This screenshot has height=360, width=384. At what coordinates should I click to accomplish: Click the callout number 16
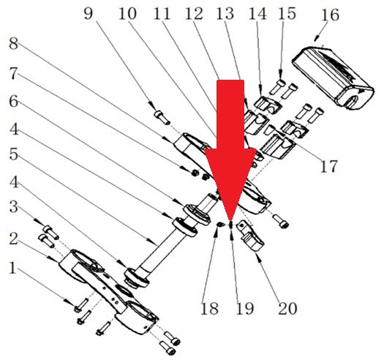click(330, 15)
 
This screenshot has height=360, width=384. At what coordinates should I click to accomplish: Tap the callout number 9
click(89, 13)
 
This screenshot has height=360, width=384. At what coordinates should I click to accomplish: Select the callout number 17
click(329, 166)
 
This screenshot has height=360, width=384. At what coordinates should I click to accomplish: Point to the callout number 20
click(287, 308)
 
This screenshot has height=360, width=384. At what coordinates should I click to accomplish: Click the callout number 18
click(209, 308)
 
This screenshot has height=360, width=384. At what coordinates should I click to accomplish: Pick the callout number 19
click(244, 308)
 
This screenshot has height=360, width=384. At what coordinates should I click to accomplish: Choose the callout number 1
click(12, 268)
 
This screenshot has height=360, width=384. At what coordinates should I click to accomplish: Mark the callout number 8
click(13, 44)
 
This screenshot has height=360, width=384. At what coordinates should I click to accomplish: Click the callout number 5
click(13, 154)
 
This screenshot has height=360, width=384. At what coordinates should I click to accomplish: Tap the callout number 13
click(225, 13)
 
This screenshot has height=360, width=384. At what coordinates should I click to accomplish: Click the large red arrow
click(230, 150)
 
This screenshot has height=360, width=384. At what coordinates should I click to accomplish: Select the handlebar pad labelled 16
click(333, 75)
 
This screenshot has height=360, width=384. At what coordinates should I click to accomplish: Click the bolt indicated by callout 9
click(162, 117)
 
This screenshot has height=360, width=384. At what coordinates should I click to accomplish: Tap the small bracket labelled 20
click(252, 236)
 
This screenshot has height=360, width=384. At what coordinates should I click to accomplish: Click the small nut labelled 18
click(220, 224)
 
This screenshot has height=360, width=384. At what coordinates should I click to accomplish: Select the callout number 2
click(13, 239)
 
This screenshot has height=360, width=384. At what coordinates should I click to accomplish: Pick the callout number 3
click(13, 207)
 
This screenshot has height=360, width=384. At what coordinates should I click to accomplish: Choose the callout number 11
click(162, 13)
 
